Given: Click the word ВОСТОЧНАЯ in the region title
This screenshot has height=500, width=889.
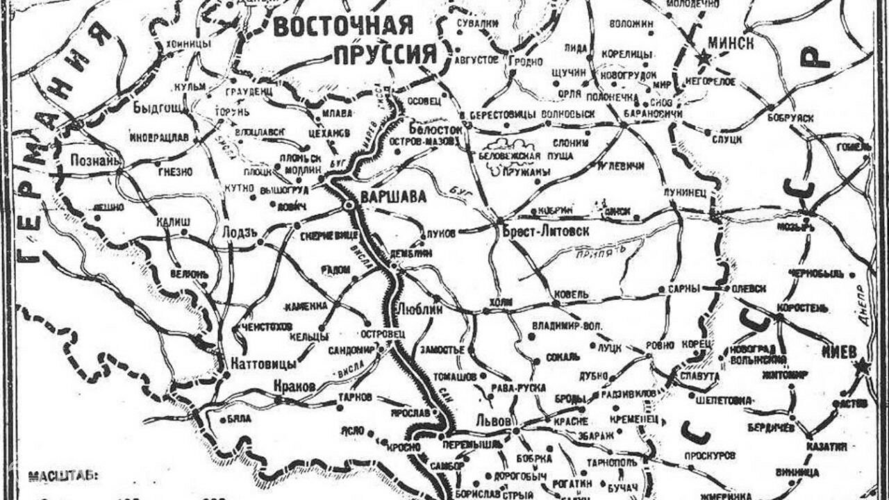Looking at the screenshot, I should (x=344, y=26).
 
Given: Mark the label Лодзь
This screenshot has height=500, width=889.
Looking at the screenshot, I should (x=240, y=232).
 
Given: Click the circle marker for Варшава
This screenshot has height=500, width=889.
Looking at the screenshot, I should (x=348, y=206).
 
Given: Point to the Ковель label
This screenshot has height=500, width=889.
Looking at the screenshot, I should (x=571, y=294).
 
